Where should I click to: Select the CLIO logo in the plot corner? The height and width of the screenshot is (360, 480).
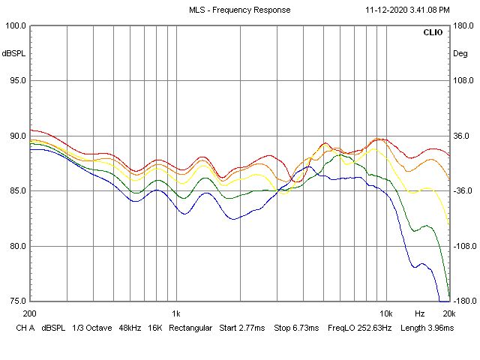point(433,33)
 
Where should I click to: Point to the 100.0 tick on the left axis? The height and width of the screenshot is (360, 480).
point(16,25)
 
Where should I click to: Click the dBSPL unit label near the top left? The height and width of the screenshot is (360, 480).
point(13,53)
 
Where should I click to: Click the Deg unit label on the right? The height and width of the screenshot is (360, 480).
point(460,53)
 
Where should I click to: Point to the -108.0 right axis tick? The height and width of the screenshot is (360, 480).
point(463,246)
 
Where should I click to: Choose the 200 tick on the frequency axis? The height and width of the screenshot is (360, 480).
point(30,313)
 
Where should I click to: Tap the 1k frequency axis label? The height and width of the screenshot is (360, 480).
point(175,313)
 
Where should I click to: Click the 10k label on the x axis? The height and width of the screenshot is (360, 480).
point(385,313)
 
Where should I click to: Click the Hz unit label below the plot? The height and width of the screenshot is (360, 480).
point(419,313)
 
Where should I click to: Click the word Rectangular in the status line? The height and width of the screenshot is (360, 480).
point(191,328)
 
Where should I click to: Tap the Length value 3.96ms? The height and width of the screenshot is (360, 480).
point(437,328)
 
